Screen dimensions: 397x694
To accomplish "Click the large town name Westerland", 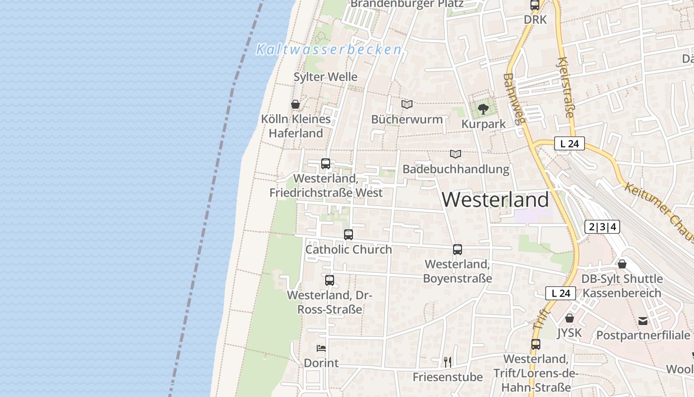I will [495, 199].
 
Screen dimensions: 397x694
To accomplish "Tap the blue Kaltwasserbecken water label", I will [329, 50].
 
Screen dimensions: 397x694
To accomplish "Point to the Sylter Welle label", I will [325, 77].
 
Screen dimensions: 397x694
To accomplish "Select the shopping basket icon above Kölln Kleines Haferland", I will [295, 104].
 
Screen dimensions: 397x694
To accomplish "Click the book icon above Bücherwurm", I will [407, 104].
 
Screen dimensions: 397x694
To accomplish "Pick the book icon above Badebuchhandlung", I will [456, 154].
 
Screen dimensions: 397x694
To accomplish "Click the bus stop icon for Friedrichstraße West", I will [326, 163].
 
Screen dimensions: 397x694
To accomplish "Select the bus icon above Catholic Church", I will [348, 234].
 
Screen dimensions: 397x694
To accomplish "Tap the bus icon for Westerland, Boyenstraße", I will [458, 250].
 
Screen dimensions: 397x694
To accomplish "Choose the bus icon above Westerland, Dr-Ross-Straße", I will [330, 280].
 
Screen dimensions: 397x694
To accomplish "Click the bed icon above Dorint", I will [321, 348].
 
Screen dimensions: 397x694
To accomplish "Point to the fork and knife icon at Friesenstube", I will [448, 362].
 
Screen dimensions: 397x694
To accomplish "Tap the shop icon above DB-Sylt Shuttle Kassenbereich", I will [622, 264].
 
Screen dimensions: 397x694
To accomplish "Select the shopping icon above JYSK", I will [570, 318].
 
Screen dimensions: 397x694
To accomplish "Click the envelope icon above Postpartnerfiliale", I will [643, 321].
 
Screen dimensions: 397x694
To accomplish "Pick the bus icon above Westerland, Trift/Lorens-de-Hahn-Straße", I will [536, 344].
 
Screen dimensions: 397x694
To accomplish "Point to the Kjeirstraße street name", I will [566, 88].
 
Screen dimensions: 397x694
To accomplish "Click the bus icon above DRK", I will [535, 5].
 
